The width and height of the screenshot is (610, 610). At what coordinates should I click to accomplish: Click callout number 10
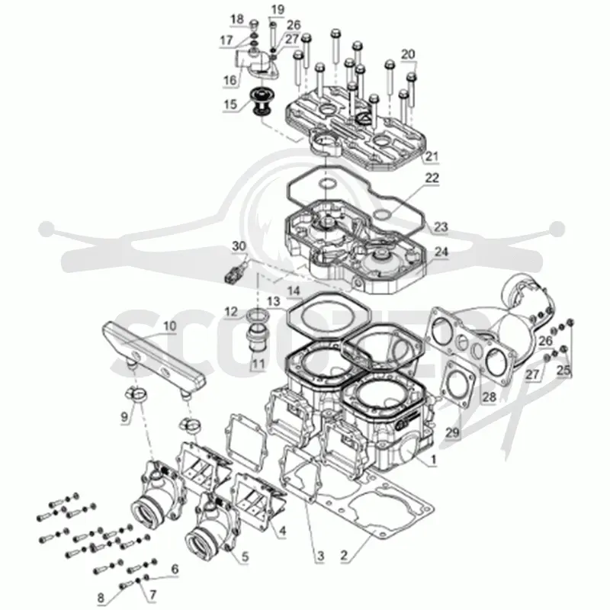[x=169, y=326]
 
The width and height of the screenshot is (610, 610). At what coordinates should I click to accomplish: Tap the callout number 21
[x=432, y=156]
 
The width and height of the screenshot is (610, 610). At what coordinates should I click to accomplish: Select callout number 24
[x=441, y=252]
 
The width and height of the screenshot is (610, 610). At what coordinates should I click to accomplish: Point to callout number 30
[x=239, y=246]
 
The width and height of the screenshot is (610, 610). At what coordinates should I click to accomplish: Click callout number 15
[x=230, y=104]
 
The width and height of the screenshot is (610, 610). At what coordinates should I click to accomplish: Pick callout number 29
[x=452, y=432]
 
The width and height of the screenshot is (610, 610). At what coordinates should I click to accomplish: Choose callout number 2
[x=344, y=555]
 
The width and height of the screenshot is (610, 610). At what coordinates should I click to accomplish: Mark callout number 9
[x=124, y=417]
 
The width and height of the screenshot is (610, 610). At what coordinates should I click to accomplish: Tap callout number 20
[x=408, y=54]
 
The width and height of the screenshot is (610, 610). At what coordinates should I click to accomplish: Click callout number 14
[x=294, y=291]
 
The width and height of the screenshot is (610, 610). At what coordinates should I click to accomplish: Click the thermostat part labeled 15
[x=260, y=102]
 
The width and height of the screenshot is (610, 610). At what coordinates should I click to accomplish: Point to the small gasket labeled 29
[x=459, y=384]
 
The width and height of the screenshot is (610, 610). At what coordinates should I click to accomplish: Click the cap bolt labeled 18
[x=253, y=24]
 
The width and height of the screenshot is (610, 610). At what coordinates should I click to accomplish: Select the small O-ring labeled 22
[x=381, y=215]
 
